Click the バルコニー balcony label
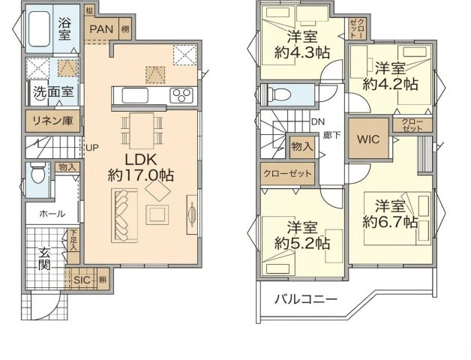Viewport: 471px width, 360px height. tap(304, 300)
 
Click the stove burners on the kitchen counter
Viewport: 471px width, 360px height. tap(181, 94)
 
